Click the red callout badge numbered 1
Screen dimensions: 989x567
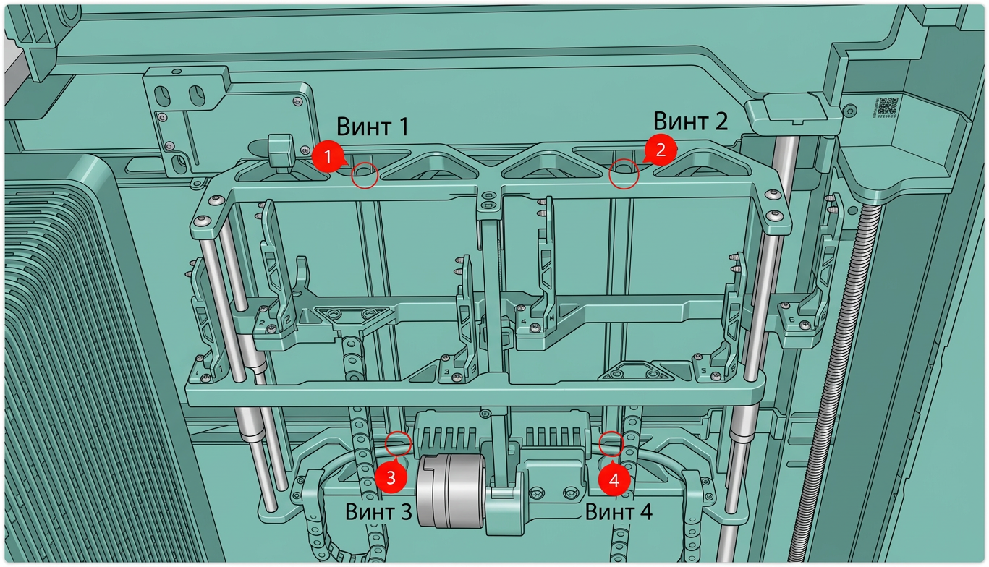click(x=328, y=156)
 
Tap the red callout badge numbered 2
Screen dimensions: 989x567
click(x=661, y=150)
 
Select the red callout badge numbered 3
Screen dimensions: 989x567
click(x=391, y=477)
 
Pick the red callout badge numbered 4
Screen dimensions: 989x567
click(x=614, y=479)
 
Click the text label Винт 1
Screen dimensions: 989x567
click(x=373, y=127)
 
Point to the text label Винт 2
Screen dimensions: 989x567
click(x=690, y=121)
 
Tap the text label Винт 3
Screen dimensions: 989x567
click(x=378, y=512)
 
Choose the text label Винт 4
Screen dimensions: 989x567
click(x=619, y=512)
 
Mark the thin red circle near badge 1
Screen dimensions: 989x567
click(x=365, y=175)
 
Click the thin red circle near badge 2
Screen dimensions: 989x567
click(x=624, y=174)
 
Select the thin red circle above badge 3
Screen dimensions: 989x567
click(x=398, y=444)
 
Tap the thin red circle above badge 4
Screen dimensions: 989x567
click(x=611, y=443)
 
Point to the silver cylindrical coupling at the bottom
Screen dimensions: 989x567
click(x=451, y=490)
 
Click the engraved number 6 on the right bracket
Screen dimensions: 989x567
click(x=792, y=320)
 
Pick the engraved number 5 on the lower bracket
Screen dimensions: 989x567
click(x=704, y=370)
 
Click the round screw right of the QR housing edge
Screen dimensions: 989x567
click(x=850, y=110)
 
